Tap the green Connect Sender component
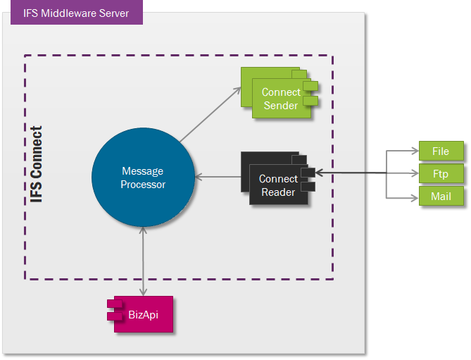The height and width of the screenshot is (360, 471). coord(282,99)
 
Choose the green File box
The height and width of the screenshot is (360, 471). coord(440,151)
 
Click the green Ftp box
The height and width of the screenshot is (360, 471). coord(440,173)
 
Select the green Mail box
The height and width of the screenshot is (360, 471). coord(440,196)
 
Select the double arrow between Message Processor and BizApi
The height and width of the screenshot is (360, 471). coord(144,261)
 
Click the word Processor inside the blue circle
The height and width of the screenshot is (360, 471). coord(143,185)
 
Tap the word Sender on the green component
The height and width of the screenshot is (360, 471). coord(281,106)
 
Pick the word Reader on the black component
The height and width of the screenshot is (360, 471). coord(278,192)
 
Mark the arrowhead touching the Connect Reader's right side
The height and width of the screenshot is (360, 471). coord(319,173)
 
